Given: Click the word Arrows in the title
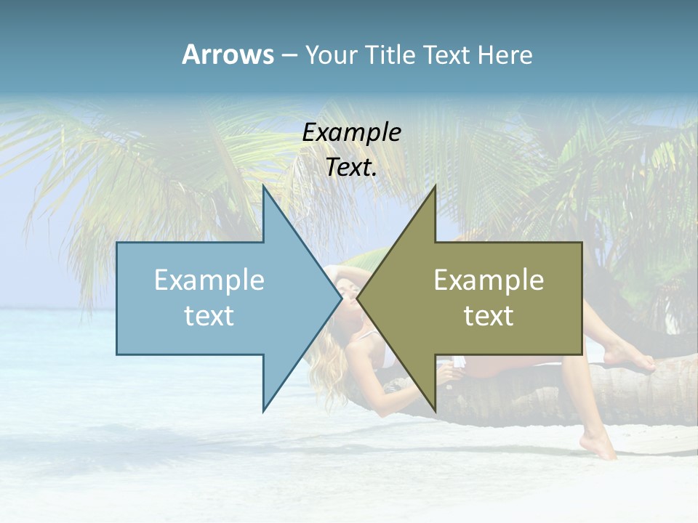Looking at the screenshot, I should (x=228, y=54).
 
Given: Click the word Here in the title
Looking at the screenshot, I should (x=505, y=55).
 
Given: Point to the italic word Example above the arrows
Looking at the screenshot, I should (x=351, y=133).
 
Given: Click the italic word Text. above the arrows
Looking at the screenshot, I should (x=351, y=168).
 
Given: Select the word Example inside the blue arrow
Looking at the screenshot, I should (x=209, y=280).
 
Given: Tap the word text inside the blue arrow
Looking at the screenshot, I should (x=209, y=316).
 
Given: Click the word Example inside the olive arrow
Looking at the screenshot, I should (x=489, y=280).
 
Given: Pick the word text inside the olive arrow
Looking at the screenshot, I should (x=489, y=316).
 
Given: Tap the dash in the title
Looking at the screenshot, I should (x=289, y=55).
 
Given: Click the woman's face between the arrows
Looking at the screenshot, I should (x=346, y=291).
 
